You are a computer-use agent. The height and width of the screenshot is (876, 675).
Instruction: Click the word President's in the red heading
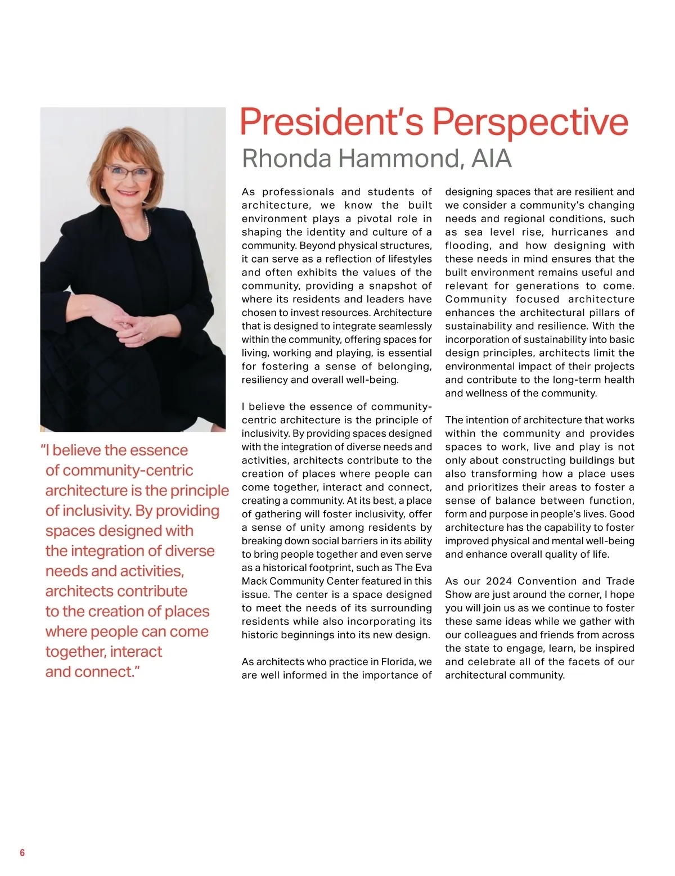(332, 122)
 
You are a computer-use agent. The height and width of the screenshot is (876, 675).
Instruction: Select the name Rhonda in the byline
(286, 159)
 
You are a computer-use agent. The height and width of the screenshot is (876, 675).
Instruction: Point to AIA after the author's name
(492, 159)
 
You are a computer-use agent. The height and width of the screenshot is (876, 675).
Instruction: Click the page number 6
(22, 852)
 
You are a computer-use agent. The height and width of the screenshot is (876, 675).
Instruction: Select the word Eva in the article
(423, 567)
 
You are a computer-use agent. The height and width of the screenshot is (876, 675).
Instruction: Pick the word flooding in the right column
(467, 246)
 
